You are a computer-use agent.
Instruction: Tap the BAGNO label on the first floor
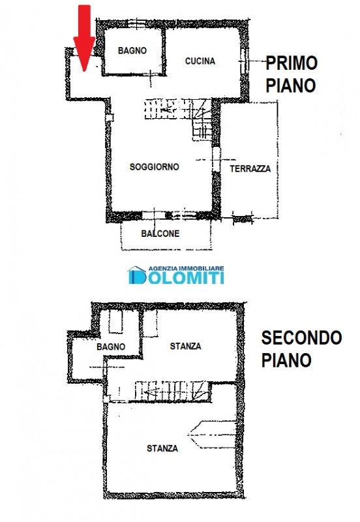click(x=132, y=51)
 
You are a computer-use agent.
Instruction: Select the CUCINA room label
click(x=200, y=61)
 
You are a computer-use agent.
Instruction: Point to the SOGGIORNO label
click(x=155, y=167)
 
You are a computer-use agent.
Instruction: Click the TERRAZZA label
click(x=250, y=168)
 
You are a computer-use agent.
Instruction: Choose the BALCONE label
click(x=160, y=234)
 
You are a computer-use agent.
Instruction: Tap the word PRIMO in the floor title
click(x=292, y=63)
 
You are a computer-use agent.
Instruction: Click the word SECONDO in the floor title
click(x=302, y=337)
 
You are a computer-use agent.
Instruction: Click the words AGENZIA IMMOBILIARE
click(x=186, y=268)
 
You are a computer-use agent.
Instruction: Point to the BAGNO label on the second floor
click(x=111, y=347)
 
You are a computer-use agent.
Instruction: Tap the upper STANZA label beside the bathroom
click(x=185, y=346)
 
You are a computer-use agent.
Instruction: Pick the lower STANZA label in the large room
click(x=162, y=448)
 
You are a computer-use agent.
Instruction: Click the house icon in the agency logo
click(x=137, y=275)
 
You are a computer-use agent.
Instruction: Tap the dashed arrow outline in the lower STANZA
click(x=212, y=435)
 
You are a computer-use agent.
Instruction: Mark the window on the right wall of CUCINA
click(x=245, y=60)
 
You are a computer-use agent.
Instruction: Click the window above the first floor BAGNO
click(x=136, y=23)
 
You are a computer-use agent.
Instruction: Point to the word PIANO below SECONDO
click(x=286, y=360)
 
